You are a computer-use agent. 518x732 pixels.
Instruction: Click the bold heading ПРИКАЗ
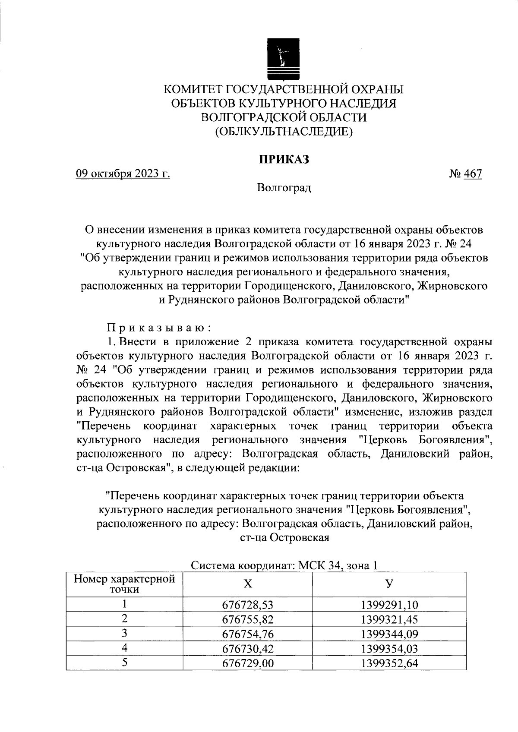(x=284, y=159)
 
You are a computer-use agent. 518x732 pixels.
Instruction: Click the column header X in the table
(x=247, y=584)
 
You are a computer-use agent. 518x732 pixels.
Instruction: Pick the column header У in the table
(x=389, y=584)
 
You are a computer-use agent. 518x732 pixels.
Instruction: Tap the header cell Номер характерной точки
(x=124, y=584)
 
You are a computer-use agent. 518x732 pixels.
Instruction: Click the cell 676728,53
(x=248, y=605)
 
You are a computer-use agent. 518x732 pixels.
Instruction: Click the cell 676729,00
(x=248, y=663)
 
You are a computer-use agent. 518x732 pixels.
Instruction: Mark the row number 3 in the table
(x=124, y=633)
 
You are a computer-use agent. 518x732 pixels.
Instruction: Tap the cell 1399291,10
(x=389, y=605)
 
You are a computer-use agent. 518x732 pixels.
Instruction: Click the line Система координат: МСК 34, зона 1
(x=284, y=565)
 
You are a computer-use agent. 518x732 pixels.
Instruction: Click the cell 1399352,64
(x=389, y=663)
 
